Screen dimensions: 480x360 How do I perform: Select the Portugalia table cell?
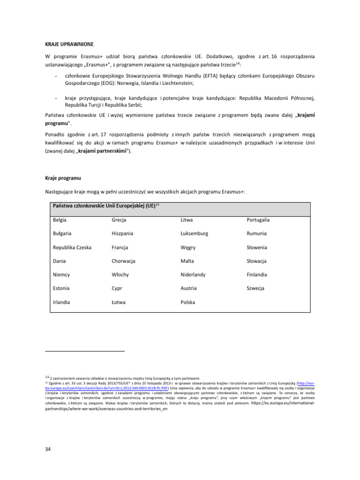(258, 219)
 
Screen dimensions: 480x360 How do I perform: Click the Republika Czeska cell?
(72, 247)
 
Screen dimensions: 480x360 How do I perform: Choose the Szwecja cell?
(256, 288)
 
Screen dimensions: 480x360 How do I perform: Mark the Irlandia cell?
(62, 302)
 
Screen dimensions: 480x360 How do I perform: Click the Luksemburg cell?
(195, 233)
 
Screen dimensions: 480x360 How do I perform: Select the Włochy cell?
(120, 275)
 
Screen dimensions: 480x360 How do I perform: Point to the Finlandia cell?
(257, 275)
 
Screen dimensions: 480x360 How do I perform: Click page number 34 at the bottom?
(47, 449)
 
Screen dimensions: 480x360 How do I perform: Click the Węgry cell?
(188, 247)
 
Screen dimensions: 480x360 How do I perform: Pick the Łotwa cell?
(119, 302)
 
